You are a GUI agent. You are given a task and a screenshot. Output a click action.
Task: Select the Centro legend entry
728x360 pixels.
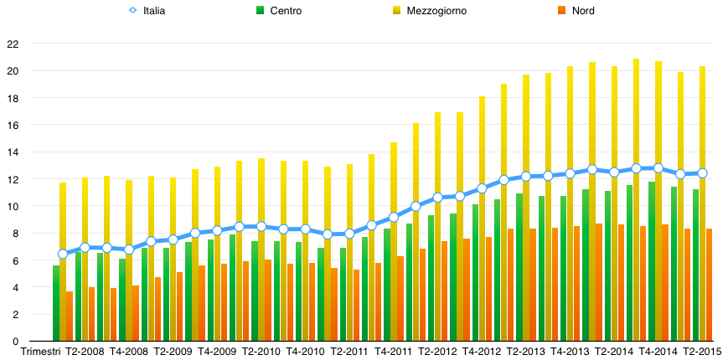[x=286, y=11]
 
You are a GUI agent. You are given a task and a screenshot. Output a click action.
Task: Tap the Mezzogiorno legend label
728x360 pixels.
[x=436, y=11]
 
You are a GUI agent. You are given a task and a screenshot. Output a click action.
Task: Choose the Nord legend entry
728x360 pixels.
[x=581, y=11]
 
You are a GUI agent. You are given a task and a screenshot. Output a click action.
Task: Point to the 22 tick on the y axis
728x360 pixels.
[x=12, y=44]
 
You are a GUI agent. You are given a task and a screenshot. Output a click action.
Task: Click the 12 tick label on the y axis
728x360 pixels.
[x=12, y=179]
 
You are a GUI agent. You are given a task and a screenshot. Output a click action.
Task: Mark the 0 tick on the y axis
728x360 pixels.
[x=15, y=342]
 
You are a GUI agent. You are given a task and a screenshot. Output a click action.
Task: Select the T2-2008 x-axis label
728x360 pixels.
[x=85, y=352]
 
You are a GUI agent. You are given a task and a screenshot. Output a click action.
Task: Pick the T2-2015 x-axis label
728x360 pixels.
[x=703, y=352]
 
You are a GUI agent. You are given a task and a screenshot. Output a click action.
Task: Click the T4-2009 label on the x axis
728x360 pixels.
[x=217, y=352]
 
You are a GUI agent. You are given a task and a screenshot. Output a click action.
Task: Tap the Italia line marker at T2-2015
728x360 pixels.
[x=702, y=173]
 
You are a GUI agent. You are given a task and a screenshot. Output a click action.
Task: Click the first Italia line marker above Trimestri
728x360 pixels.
[x=63, y=254]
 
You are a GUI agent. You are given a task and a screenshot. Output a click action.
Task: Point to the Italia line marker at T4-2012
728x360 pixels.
[x=482, y=188]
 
